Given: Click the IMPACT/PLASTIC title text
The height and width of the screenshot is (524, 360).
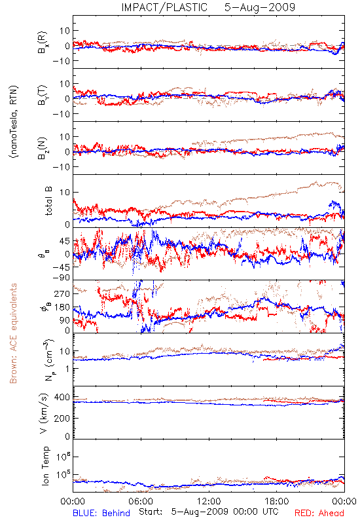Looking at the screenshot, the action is pos(164,7).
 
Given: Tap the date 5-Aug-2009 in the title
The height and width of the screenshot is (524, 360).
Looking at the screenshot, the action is pos(260,7).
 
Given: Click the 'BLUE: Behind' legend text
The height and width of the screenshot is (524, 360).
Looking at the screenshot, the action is pos(101,513).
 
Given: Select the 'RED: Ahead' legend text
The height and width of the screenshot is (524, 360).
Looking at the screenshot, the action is pos(319,513).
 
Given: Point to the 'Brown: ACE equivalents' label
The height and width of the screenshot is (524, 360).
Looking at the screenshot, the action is pos(13,333).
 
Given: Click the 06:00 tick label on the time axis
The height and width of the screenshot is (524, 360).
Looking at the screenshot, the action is pos(141,501).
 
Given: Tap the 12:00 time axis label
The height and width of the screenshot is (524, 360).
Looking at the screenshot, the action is pos(209,501).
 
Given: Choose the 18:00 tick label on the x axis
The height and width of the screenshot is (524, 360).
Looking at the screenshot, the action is pos(277,501).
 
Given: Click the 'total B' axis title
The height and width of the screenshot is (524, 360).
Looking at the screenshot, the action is pos(48,201).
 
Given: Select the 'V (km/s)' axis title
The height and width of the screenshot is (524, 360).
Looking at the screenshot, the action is pos(45,413).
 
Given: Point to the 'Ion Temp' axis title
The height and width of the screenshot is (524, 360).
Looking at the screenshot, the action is pos(45,466).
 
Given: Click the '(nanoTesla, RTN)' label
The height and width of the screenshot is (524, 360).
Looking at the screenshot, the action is pos(14,122).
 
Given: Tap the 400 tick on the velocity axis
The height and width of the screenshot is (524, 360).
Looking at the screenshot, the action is pos(62,398).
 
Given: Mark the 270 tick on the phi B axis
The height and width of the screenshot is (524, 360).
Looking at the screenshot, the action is pos(62,293).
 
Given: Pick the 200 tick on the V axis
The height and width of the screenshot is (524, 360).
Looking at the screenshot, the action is pos(62,418).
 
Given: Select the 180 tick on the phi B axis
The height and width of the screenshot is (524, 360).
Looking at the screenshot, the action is pos(62,307).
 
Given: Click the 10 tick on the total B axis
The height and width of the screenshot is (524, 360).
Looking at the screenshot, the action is pos(65,192).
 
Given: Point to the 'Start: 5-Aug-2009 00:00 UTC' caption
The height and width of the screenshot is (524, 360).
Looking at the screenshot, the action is pos(209,512).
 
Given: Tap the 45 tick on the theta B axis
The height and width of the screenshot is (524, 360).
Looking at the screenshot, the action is pos(65,241).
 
